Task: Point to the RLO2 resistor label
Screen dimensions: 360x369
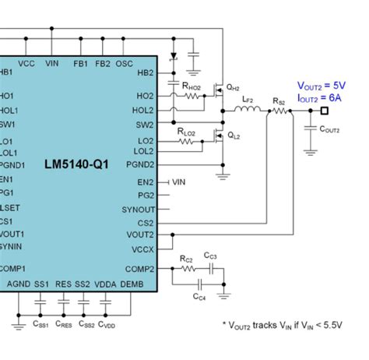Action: point(188,132)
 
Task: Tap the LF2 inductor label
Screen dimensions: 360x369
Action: point(248,100)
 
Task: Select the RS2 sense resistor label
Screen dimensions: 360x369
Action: point(278,101)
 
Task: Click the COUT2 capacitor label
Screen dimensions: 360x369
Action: point(329,129)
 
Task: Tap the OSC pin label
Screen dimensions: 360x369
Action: point(125,63)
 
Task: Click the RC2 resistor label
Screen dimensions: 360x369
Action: point(186,257)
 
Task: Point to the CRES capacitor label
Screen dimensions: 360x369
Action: point(64,323)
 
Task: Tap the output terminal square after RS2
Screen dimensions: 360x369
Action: point(315,111)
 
